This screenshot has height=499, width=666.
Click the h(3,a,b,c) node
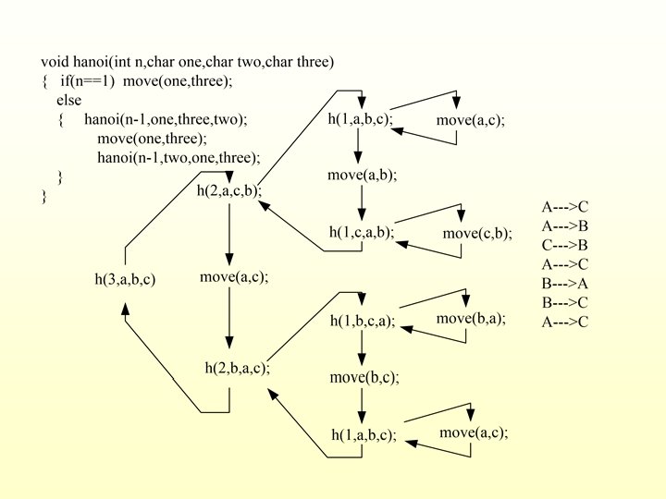(x=125, y=279)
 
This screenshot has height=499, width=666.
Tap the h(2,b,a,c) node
(x=237, y=368)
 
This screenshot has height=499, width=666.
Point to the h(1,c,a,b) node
(x=362, y=232)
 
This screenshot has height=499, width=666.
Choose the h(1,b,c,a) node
(x=363, y=322)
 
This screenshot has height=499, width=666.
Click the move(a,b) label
(x=362, y=175)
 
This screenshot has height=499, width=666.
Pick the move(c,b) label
(x=476, y=233)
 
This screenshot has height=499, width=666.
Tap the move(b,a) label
(x=471, y=319)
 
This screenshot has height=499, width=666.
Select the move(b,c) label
(x=364, y=377)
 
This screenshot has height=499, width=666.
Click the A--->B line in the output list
(x=564, y=225)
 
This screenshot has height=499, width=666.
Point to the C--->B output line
(x=564, y=245)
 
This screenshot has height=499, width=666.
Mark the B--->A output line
(x=564, y=284)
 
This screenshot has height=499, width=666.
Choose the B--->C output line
(x=564, y=302)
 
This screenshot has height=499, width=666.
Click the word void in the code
(x=54, y=62)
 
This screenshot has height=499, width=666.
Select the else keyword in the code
(x=68, y=100)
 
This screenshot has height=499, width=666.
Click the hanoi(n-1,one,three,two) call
(x=166, y=119)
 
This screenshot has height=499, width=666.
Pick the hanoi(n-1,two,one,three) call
(x=179, y=157)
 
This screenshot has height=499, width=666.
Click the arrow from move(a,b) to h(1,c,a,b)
(x=362, y=201)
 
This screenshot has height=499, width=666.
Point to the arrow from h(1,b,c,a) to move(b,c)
(x=362, y=347)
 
